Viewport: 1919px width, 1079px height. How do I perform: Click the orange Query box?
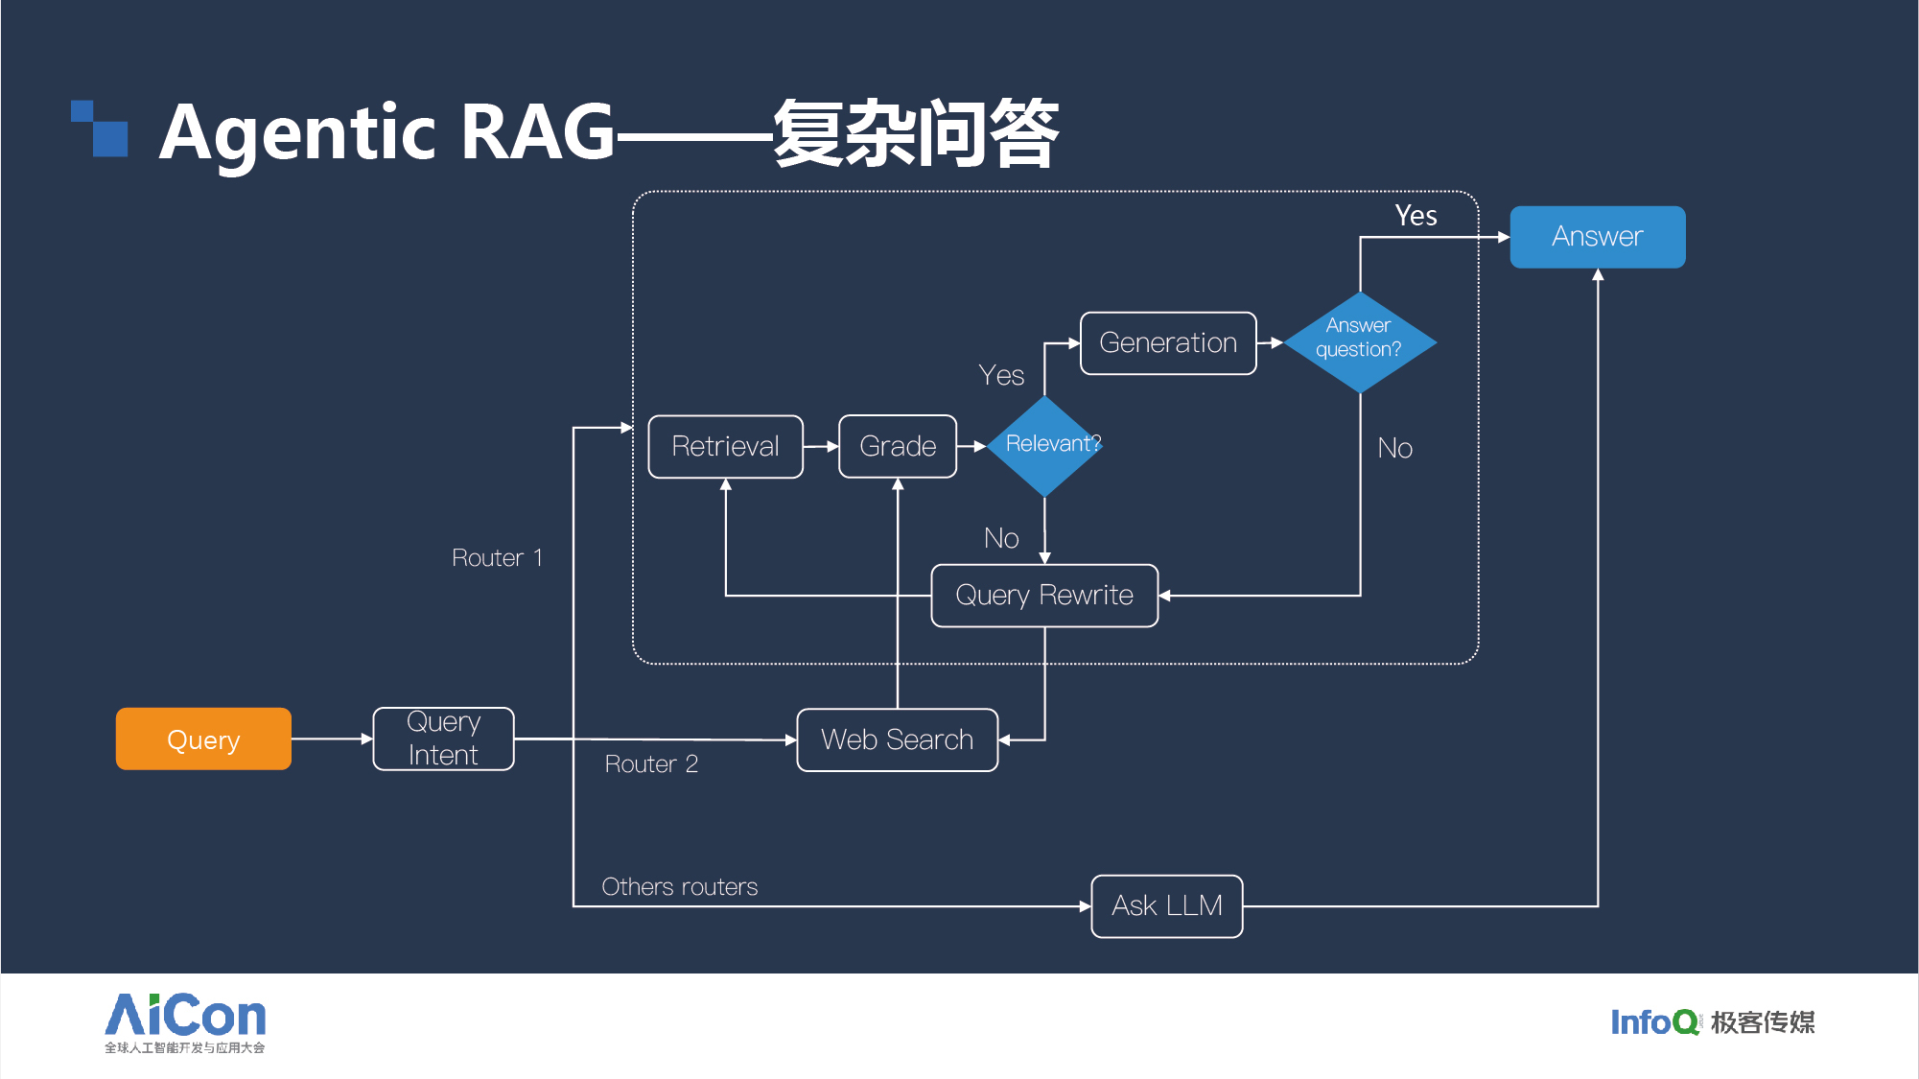[203, 739]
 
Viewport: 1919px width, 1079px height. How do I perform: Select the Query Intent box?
[443, 739]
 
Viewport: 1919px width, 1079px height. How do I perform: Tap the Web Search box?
[897, 739]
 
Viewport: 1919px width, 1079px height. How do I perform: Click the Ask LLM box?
[1167, 905]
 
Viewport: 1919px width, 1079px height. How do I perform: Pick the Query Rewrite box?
[1044, 596]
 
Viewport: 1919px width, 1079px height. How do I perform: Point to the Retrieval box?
[725, 446]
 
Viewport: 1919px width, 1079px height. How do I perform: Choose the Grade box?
[898, 446]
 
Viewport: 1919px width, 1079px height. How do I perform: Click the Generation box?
[1168, 342]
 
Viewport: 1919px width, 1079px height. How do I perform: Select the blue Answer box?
[1598, 236]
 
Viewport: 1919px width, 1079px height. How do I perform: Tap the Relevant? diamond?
[1045, 446]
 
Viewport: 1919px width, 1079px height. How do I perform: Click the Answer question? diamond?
[1360, 342]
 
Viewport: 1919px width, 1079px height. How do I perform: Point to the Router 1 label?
[497, 557]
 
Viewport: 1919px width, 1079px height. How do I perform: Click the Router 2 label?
[651, 763]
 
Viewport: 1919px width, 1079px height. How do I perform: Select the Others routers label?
[679, 886]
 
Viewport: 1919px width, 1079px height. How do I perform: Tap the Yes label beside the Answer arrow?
[1416, 216]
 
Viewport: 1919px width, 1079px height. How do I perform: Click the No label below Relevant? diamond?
[1001, 538]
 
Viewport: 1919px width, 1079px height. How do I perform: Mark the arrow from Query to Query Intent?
[332, 739]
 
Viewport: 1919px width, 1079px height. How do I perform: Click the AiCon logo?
[185, 1022]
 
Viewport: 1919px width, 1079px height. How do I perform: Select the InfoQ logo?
[1713, 1021]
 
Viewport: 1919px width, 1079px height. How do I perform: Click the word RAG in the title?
[537, 131]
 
